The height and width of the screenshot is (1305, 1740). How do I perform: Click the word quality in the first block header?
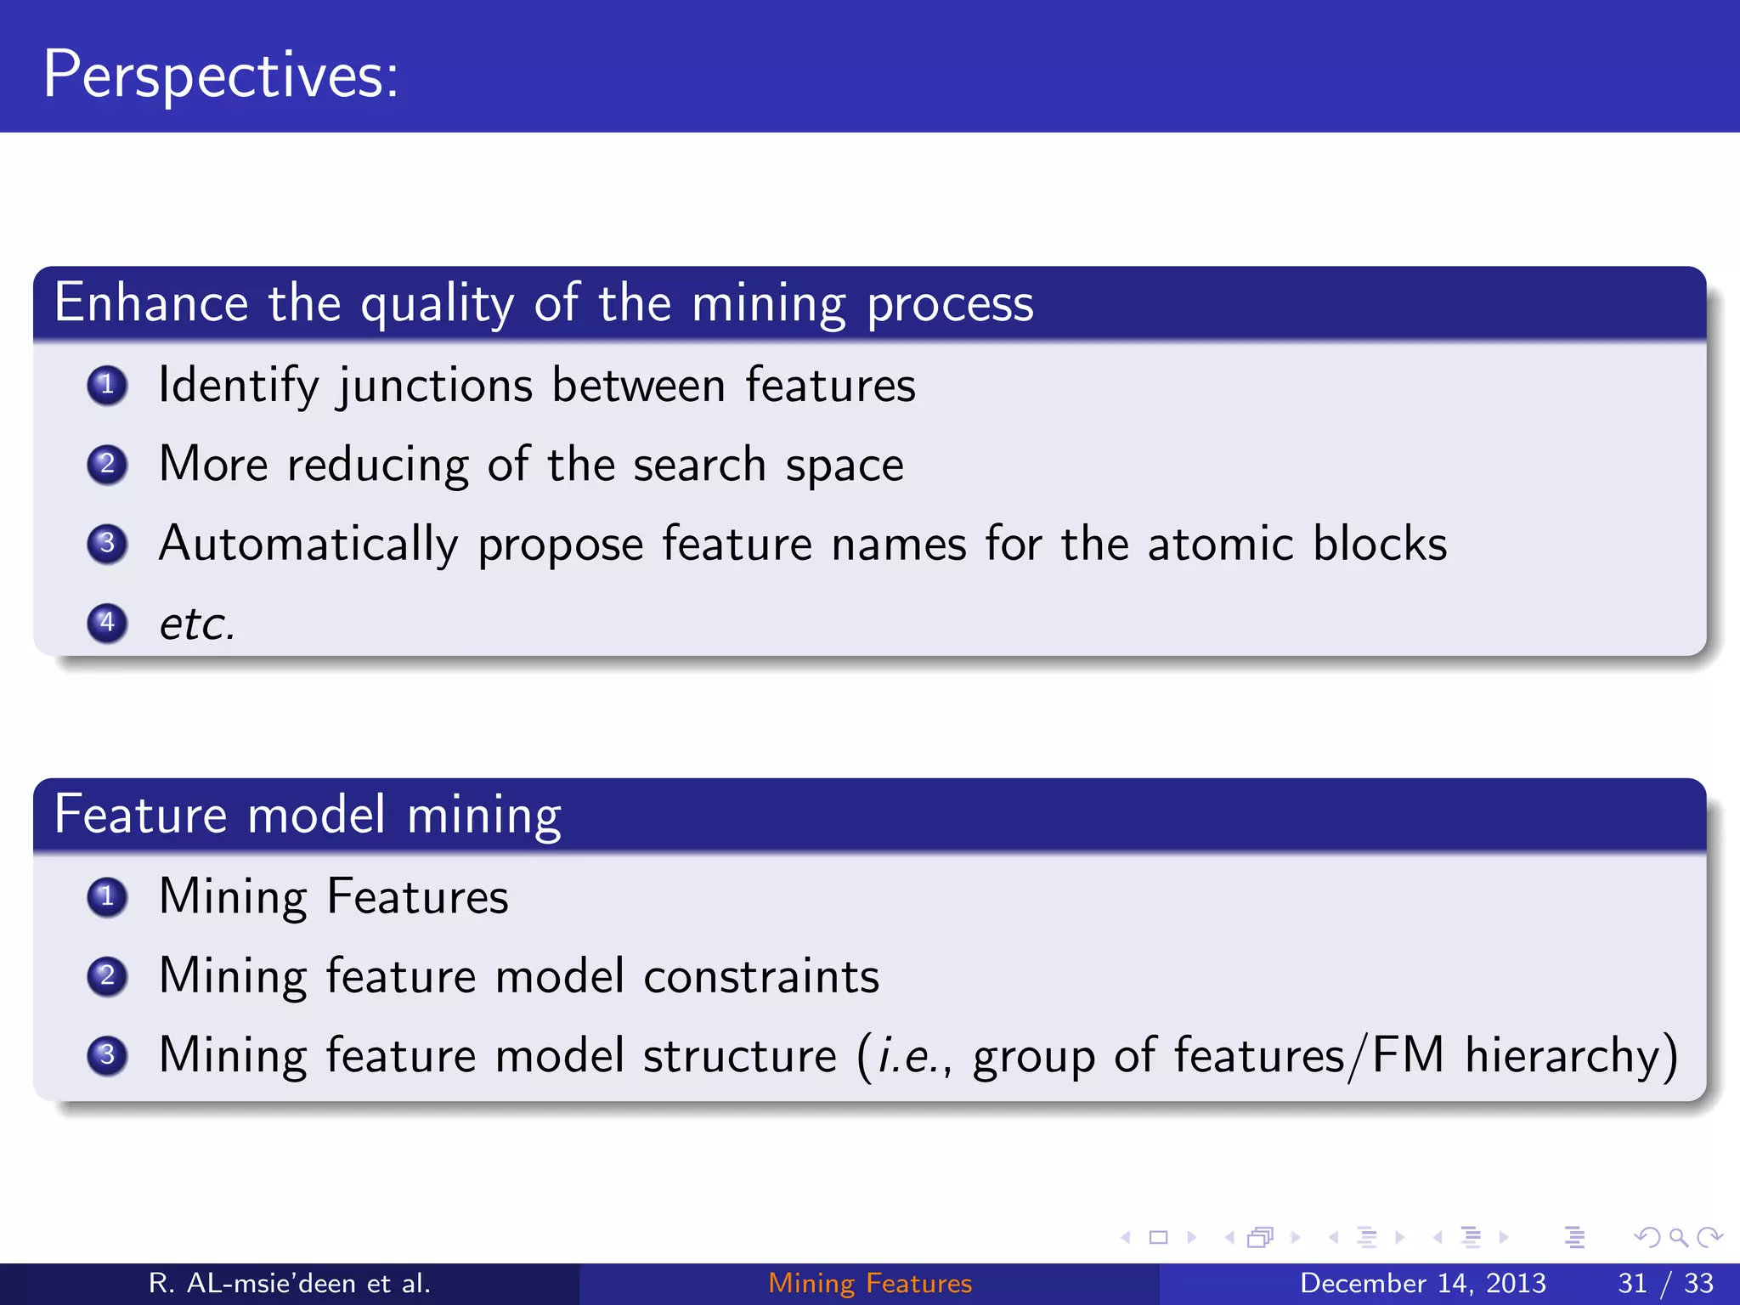(x=437, y=304)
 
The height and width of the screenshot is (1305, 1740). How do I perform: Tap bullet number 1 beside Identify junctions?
(x=107, y=385)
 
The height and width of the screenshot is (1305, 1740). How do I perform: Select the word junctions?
(x=435, y=387)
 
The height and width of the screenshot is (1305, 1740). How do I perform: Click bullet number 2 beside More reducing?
(x=107, y=464)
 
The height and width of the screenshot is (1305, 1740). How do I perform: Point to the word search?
(x=699, y=466)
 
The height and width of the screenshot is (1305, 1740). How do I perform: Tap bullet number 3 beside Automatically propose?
(x=107, y=543)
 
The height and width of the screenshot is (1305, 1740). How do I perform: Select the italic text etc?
(x=196, y=624)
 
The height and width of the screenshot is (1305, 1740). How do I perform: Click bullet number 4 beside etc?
(x=107, y=623)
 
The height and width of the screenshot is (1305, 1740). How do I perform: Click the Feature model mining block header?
(x=308, y=815)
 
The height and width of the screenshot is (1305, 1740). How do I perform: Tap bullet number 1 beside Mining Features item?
(x=107, y=896)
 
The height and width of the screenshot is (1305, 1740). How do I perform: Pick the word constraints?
(x=760, y=976)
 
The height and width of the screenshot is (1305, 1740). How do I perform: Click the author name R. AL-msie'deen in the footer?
(x=289, y=1283)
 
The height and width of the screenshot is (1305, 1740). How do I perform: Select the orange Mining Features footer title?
(x=870, y=1283)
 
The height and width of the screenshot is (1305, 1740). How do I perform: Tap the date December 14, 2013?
(x=1422, y=1283)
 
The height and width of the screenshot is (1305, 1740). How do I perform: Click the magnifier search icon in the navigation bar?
(x=1678, y=1237)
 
